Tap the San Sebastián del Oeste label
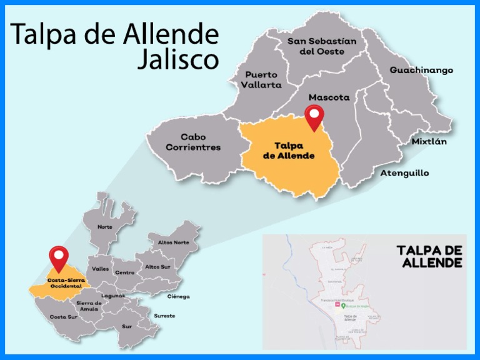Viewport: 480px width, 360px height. pyautogui.click(x=322, y=46)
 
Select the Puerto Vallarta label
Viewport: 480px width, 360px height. pyautogui.click(x=263, y=79)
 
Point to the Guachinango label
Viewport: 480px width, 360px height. pyautogui.click(x=421, y=70)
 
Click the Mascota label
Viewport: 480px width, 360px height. pyautogui.click(x=329, y=97)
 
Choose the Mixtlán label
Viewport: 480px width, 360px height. pyautogui.click(x=429, y=142)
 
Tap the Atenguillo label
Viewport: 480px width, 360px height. pyautogui.click(x=404, y=173)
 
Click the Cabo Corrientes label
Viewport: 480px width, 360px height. pyautogui.click(x=193, y=142)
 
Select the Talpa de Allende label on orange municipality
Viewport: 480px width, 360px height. pyautogui.click(x=288, y=151)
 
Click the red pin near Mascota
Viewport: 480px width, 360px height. pyautogui.click(x=314, y=116)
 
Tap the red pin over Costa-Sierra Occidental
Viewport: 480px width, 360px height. pyautogui.click(x=59, y=256)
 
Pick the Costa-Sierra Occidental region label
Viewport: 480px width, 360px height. pyautogui.click(x=66, y=283)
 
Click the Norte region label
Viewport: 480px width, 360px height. pyautogui.click(x=105, y=227)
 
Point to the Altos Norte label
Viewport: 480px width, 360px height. pyautogui.click(x=173, y=242)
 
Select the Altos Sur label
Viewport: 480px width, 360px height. pyautogui.click(x=157, y=267)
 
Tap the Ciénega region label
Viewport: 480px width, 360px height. pyautogui.click(x=178, y=296)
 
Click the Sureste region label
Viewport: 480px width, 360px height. pyautogui.click(x=164, y=316)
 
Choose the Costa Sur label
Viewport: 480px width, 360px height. pyautogui.click(x=63, y=317)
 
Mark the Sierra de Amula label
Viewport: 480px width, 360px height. pyautogui.click(x=89, y=306)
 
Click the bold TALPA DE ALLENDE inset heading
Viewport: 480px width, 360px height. pyautogui.click(x=429, y=256)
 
